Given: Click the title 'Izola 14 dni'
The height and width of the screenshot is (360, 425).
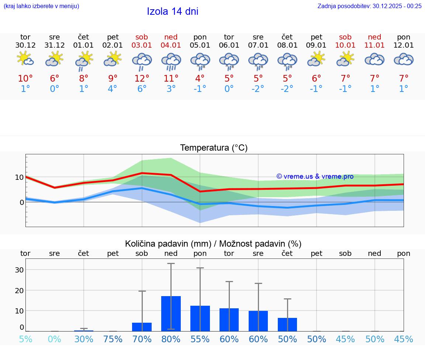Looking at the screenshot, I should (x=172, y=11).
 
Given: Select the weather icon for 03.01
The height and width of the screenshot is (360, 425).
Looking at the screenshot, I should (x=142, y=61).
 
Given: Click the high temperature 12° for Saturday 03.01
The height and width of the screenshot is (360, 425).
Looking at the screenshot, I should (x=142, y=79).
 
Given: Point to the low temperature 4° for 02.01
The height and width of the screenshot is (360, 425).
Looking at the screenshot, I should (x=113, y=89).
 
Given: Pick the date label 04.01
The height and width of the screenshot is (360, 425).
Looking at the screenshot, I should (x=171, y=45).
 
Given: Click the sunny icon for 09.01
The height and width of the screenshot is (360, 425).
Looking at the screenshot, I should (x=316, y=59).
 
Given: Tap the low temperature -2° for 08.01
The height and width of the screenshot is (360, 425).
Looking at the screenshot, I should (x=287, y=89).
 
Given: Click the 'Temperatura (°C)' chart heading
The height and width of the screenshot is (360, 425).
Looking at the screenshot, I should (x=214, y=148).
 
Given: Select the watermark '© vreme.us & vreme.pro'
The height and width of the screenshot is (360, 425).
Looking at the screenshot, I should (x=315, y=176).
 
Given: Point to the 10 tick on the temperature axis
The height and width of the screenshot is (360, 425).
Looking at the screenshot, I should (x=19, y=177).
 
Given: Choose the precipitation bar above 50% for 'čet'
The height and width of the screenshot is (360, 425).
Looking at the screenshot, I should (x=287, y=324).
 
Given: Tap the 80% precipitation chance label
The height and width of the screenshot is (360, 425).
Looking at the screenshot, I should (x=171, y=339).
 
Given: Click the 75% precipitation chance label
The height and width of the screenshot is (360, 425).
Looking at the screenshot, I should (x=113, y=339).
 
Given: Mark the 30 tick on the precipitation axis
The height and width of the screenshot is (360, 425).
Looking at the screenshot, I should (x=19, y=270).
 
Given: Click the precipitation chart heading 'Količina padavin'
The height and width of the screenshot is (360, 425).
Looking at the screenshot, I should (x=213, y=244).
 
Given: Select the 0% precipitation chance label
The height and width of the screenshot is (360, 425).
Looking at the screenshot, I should (x=54, y=339).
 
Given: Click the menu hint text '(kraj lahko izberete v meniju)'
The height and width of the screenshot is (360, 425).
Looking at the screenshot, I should (x=41, y=6).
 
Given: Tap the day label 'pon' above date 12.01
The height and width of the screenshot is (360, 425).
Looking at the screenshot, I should (x=404, y=37).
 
